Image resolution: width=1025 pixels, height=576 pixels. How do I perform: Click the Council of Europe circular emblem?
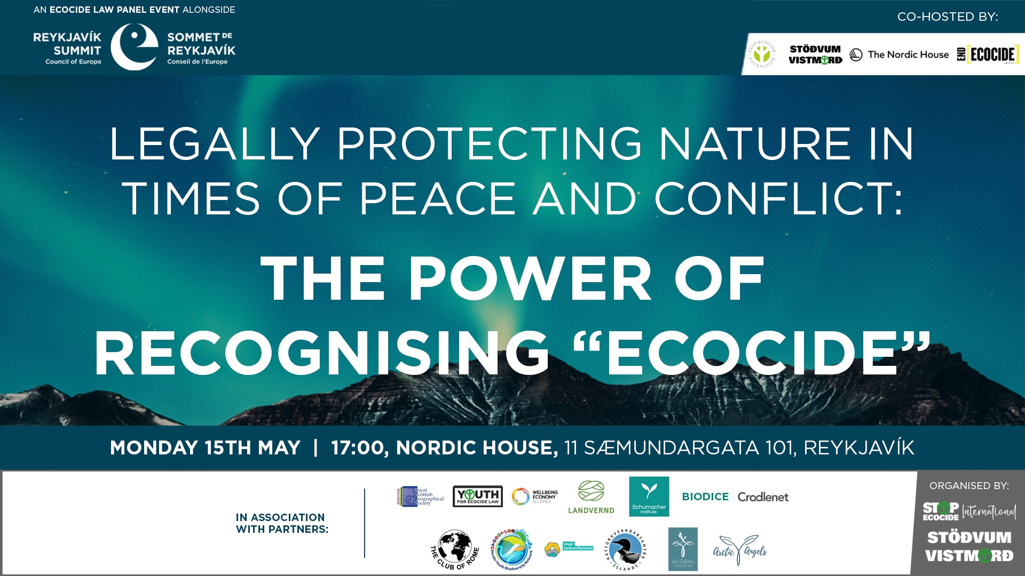[135, 47]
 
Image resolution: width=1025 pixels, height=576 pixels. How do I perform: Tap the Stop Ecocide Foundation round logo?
[762, 54]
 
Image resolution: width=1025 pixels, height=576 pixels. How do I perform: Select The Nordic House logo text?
[908, 54]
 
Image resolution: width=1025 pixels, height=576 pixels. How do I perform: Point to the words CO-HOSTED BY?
[947, 17]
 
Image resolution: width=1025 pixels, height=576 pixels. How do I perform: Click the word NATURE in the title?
[754, 144]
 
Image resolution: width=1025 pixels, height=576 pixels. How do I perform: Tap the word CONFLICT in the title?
[779, 198]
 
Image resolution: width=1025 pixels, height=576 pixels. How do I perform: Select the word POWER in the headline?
[530, 278]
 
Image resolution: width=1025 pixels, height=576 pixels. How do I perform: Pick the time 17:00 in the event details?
[358, 447]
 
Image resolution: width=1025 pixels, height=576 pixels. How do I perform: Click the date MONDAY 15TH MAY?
[205, 447]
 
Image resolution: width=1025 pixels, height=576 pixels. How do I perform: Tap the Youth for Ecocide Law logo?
[477, 496]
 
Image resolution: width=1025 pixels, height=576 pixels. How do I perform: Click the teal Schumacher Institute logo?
[649, 497]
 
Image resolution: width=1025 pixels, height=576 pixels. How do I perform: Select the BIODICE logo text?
[705, 497]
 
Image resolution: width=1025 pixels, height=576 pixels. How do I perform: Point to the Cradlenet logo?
[763, 497]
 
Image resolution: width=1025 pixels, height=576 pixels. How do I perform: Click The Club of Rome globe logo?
[455, 549]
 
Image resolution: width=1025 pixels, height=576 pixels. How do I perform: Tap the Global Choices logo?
[683, 549]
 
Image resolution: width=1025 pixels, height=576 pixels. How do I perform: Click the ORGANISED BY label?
[969, 486]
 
